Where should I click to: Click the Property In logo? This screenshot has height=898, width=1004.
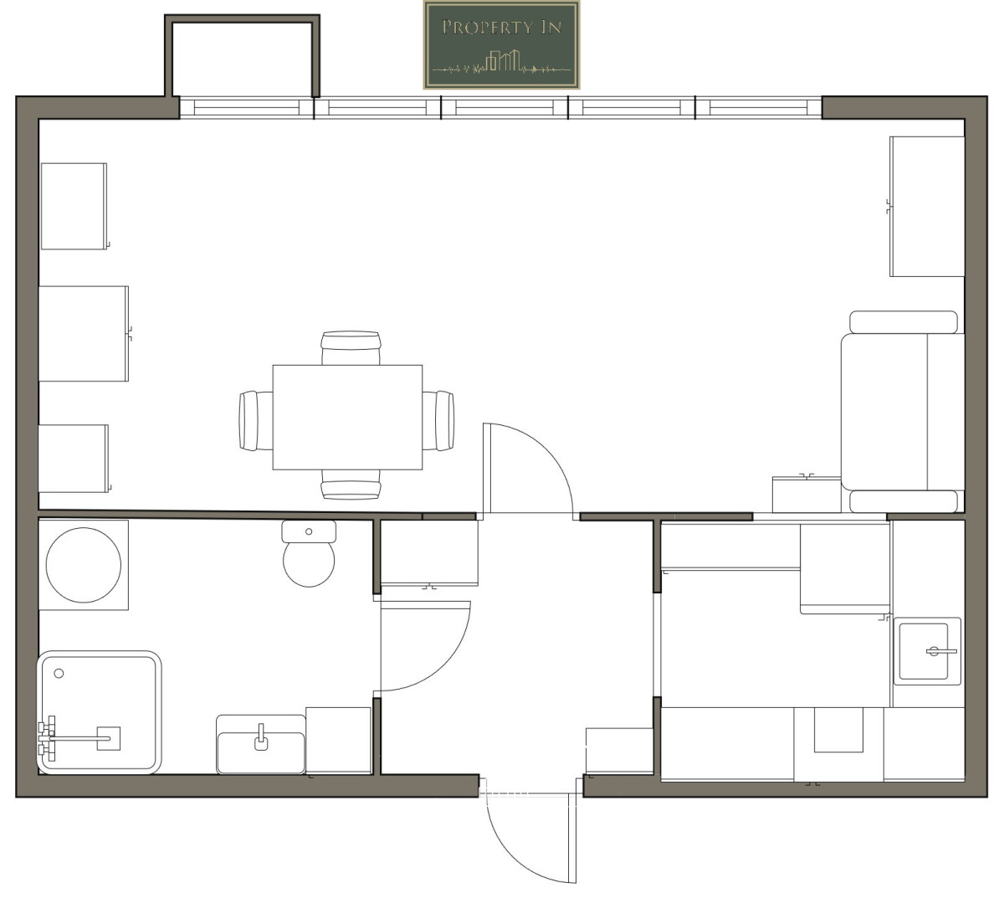click(501, 45)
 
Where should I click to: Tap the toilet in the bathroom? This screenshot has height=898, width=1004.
click(309, 553)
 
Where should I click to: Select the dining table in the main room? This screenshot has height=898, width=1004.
click(347, 418)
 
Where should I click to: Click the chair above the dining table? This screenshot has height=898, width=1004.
click(351, 347)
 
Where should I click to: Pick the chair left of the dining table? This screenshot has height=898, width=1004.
click(256, 421)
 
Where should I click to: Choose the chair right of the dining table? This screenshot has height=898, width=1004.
click(438, 421)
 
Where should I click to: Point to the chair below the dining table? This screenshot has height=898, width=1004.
click(351, 485)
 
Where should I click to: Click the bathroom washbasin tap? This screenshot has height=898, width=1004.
click(261, 736)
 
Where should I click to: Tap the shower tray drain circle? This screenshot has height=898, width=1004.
click(59, 674)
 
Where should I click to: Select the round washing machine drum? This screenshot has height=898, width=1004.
click(84, 565)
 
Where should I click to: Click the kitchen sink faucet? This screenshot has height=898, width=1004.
click(940, 651)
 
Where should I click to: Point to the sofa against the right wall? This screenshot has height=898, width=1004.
click(903, 412)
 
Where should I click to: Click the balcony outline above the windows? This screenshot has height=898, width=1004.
click(243, 19)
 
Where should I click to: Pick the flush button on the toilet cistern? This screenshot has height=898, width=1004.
click(308, 531)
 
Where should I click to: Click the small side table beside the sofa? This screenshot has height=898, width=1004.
click(807, 495)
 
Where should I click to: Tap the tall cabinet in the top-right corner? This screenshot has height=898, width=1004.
click(927, 206)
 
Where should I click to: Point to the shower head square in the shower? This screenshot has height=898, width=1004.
click(109, 738)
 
